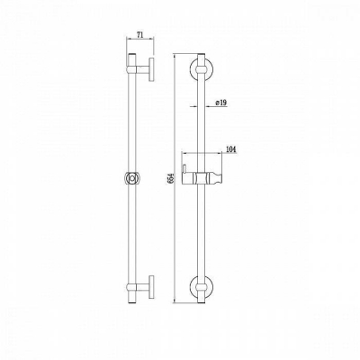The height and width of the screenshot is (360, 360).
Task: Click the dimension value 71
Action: point(139,35)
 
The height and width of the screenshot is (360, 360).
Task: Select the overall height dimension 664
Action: point(171,179)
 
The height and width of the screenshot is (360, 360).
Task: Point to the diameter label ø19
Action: point(221,103)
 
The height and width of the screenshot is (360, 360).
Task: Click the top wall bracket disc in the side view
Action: point(152,69)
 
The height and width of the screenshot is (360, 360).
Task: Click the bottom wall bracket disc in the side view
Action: point(152,287)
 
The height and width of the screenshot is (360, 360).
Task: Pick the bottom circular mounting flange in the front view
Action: point(201,285)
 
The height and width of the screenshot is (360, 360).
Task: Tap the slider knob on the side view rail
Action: point(131,179)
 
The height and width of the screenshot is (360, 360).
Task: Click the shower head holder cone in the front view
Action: point(215,178)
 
